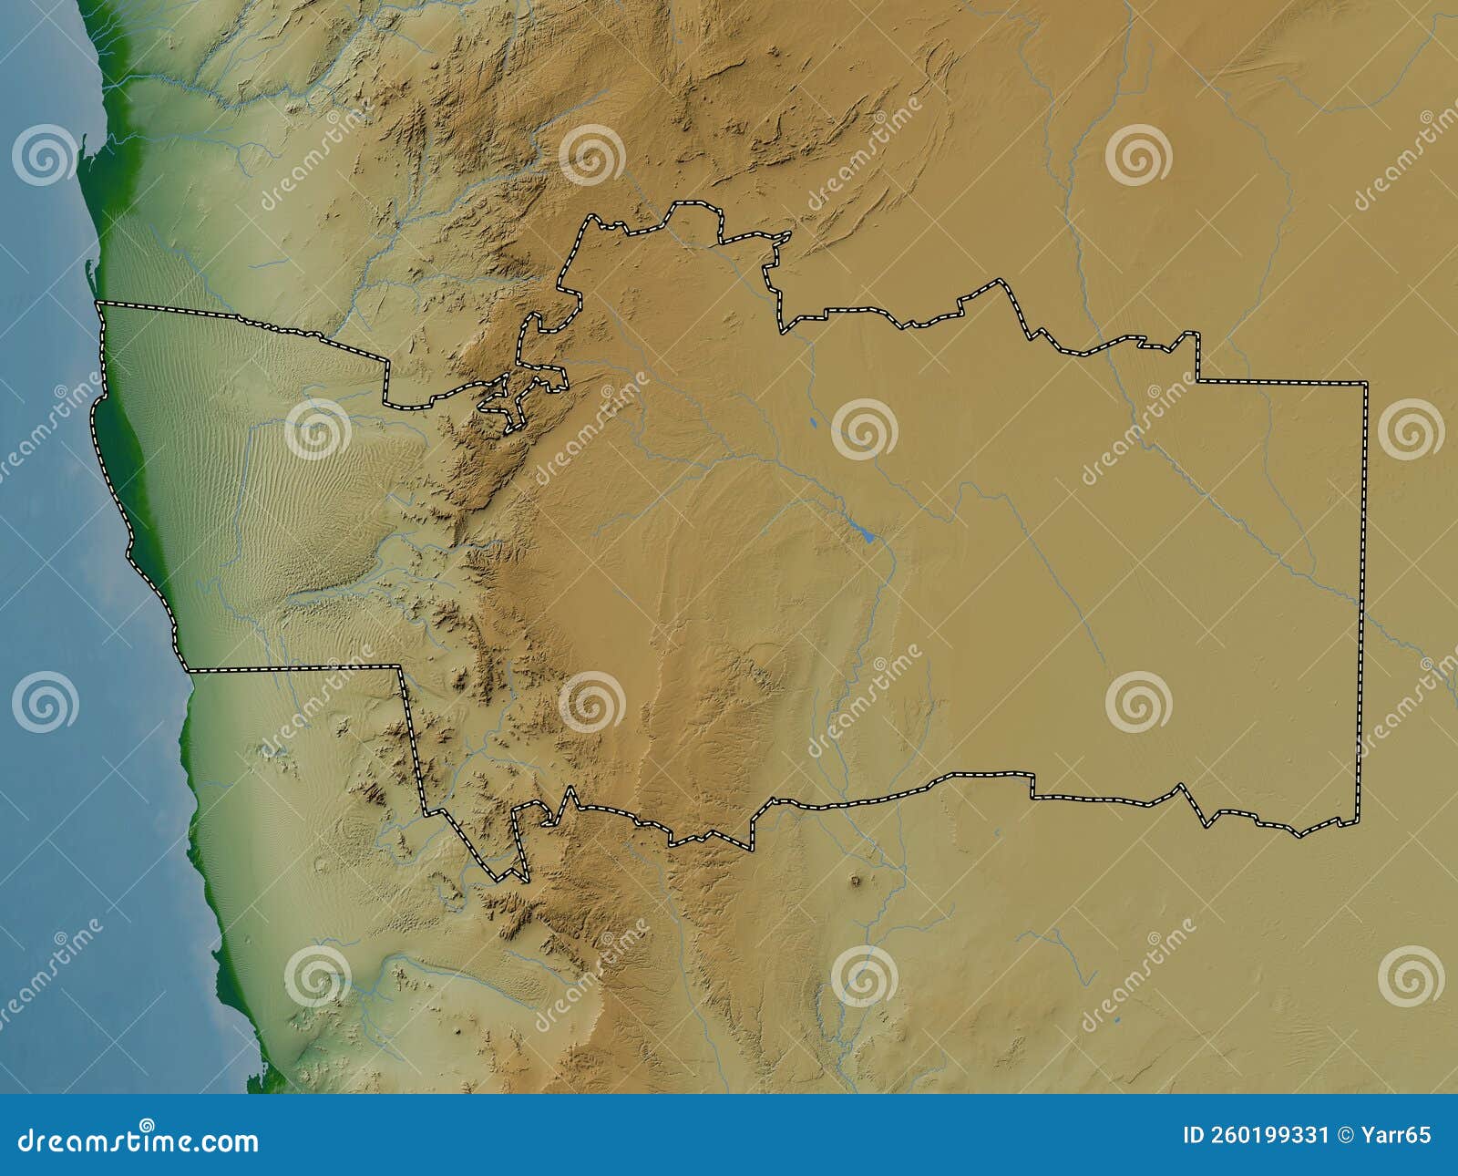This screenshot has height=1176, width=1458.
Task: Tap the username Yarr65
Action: click(1400, 1135)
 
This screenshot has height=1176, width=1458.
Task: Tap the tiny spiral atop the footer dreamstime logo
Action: click(146, 1124)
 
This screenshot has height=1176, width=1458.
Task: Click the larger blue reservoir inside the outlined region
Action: click(867, 536)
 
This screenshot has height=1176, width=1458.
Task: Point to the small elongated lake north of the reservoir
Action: click(810, 423)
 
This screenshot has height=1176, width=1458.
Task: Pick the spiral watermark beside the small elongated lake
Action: click(864, 428)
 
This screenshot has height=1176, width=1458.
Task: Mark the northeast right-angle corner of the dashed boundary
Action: click(1366, 383)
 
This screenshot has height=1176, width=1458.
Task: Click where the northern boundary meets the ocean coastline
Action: click(98, 302)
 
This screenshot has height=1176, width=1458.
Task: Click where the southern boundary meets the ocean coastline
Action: click(189, 671)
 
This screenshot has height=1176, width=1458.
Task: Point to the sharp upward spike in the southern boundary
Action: click(570, 789)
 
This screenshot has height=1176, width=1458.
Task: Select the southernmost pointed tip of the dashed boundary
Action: click(527, 881)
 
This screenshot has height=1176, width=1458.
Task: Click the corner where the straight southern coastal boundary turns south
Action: click(399, 667)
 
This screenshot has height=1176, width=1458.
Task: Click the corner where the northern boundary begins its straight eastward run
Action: click(1197, 379)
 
